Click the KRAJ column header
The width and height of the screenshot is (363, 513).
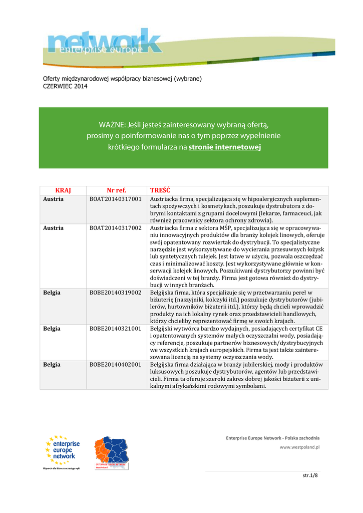pyautogui.click(x=63, y=190)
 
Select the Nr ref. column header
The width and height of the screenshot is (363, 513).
pyautogui.click(x=116, y=190)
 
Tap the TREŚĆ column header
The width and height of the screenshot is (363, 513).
pyautogui.click(x=160, y=190)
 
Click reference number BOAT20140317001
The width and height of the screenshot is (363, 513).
pyautogui.click(x=115, y=199)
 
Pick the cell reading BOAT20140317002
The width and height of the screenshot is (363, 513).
pyautogui.click(x=115, y=227)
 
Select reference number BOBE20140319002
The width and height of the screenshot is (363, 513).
pyautogui.click(x=115, y=293)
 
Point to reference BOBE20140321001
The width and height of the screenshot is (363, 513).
pyautogui.click(x=115, y=329)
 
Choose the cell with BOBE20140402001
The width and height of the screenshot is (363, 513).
pyautogui.click(x=115, y=365)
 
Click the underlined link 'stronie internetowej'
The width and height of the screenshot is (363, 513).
pyautogui.click(x=225, y=147)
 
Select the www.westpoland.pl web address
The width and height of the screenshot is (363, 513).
pyautogui.click(x=299, y=447)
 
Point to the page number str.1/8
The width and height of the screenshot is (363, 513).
pyautogui.click(x=310, y=475)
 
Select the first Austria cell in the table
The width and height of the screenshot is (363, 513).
pyautogui.click(x=53, y=199)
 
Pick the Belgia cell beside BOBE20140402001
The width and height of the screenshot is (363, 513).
pyautogui.click(x=52, y=365)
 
